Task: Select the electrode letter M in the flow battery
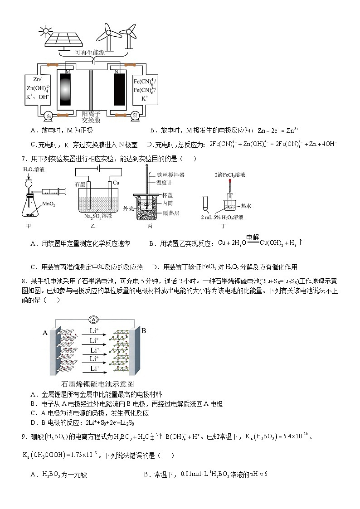pyautogui.click(x=68, y=72)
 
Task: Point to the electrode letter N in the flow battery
pyautogui.click(x=117, y=72)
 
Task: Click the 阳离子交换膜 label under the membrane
pyautogui.click(x=91, y=117)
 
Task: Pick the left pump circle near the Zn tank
pyautogui.click(x=49, y=116)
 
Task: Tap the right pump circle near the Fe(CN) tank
pyautogui.click(x=135, y=116)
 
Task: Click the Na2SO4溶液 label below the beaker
pyautogui.click(x=100, y=216)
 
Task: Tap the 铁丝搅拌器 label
pyautogui.click(x=170, y=175)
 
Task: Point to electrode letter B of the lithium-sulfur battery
pyautogui.click(x=144, y=330)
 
